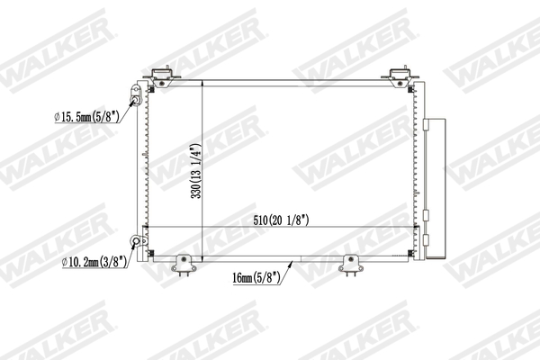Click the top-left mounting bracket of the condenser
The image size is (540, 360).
point(163,77)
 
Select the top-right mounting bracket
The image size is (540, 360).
point(400,77)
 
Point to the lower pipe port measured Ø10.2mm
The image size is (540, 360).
point(138,240)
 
